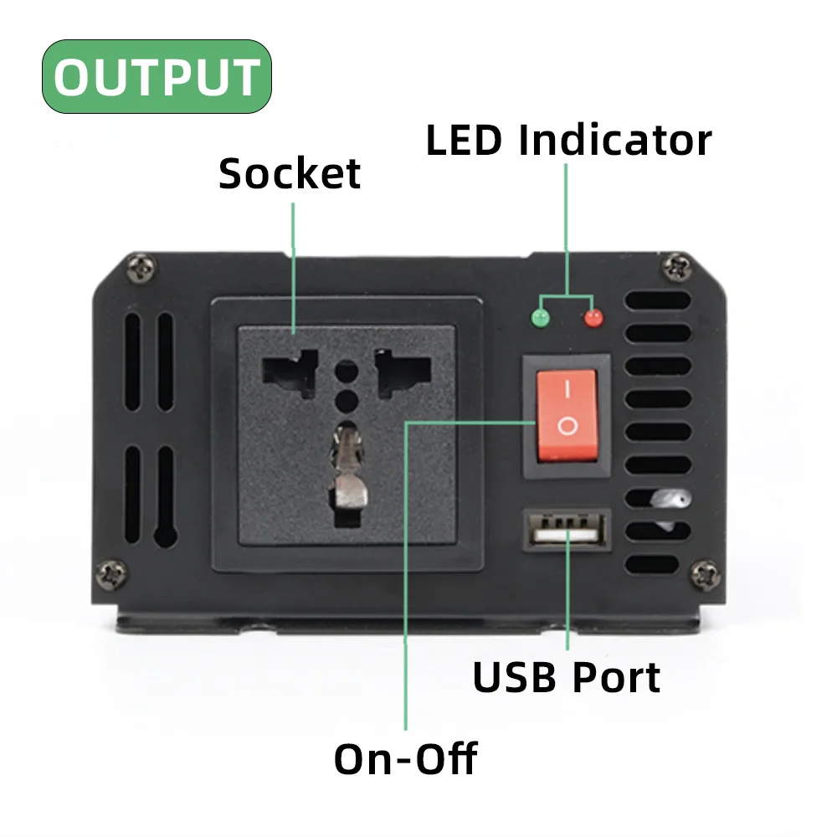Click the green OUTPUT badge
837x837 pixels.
click(157, 76)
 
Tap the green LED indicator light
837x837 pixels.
click(541, 318)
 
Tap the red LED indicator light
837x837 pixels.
click(593, 318)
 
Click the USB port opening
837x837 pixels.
click(567, 531)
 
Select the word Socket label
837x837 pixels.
click(290, 173)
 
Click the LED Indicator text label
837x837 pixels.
click(568, 140)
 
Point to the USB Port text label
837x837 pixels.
click(567, 677)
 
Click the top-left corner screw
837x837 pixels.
click(140, 270)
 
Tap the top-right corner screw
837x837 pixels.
click(676, 269)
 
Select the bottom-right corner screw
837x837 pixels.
click(703, 574)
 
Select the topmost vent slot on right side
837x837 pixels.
click(658, 300)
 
